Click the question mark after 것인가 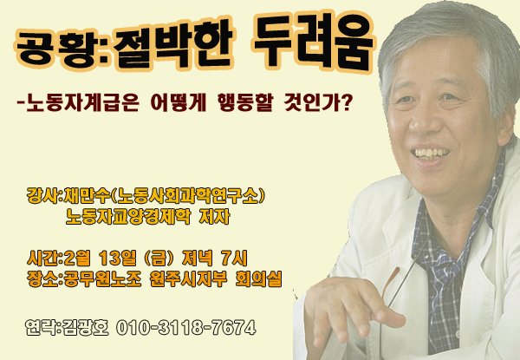pos(345,102)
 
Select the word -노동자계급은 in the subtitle pos(77,102)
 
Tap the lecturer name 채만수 pos(88,196)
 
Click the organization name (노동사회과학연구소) pos(187,196)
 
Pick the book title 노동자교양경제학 pos(128,217)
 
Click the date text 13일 pos(118,259)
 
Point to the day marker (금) pos(159,259)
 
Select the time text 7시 pos(234,259)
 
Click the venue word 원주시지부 pos(188,278)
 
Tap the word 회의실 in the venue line pos(258,278)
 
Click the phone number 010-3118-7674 pos(186,328)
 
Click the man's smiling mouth pos(430,154)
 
